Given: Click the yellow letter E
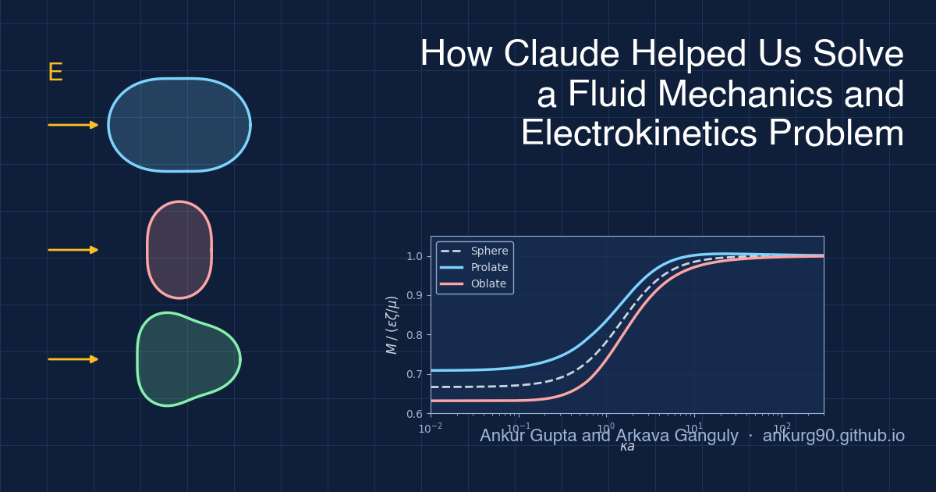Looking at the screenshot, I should (x=55, y=73).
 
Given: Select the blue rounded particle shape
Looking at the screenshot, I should (x=179, y=125).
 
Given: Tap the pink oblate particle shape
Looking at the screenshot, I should (x=179, y=250).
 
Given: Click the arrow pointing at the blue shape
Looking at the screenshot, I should (x=73, y=125).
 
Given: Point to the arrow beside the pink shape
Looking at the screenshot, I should (x=73, y=250).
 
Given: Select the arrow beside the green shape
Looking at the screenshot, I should (x=73, y=359).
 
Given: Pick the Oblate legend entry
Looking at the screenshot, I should (x=488, y=283).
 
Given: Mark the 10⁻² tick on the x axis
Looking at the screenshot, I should (x=431, y=428).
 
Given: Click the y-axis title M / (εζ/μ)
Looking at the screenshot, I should (x=392, y=325).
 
